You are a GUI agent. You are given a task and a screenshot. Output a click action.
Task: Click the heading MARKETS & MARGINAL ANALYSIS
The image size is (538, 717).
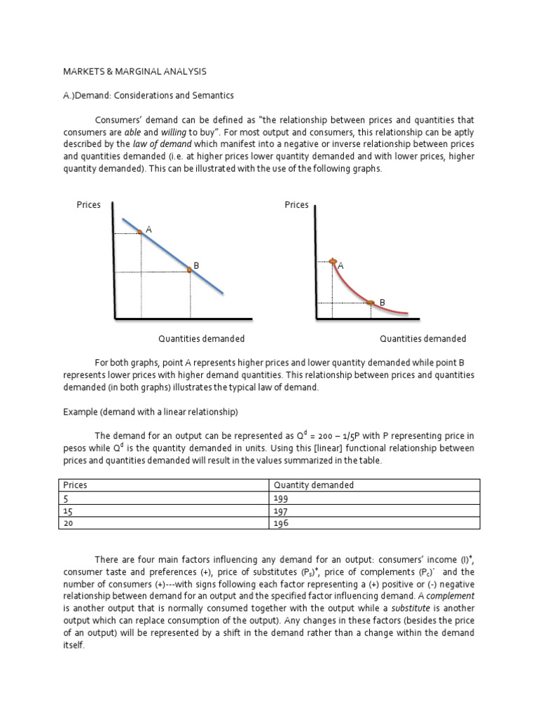pos(135,71)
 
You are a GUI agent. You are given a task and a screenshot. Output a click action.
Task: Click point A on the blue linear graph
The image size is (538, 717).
pos(140,231)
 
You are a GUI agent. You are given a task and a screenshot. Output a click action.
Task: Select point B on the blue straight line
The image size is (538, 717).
pos(189,269)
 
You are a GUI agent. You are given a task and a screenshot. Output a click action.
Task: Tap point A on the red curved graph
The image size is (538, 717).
pos(333,261)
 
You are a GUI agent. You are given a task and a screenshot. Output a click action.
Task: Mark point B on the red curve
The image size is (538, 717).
pos(371,302)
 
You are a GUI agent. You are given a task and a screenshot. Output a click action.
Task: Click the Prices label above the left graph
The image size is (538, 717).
pos(89,205)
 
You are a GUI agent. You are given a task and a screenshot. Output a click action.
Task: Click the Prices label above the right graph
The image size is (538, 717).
pos(296,205)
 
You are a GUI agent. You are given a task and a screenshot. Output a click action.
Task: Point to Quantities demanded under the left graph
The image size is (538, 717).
pos(201,339)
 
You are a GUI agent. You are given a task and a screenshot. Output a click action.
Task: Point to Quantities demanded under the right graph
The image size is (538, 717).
pos(423,339)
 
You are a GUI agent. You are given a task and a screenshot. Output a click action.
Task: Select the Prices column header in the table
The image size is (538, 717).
pos(76,485)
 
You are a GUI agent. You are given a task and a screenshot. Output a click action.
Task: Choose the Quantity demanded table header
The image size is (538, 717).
pos(314,485)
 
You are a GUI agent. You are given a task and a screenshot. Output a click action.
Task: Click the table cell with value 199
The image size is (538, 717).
pos(282,498)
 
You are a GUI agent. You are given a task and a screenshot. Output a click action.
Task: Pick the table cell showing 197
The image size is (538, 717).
pos(282,510)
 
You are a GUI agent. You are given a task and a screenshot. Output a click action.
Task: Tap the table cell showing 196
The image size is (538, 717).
pos(282,523)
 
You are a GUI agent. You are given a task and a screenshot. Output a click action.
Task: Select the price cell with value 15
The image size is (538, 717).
pos(68,510)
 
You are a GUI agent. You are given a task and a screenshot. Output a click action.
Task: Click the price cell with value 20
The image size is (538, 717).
pos(69,523)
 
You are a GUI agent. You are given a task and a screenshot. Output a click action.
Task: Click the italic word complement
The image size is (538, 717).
pos(450,596)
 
